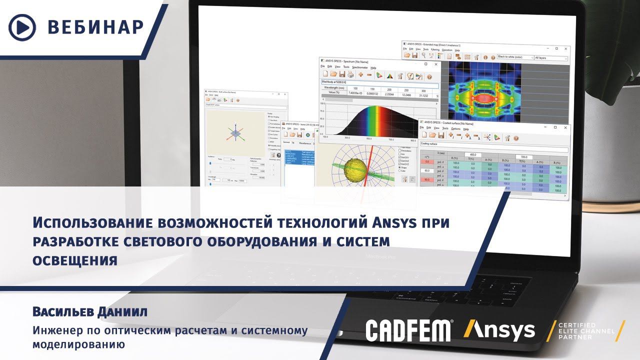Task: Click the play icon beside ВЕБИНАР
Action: coord(22,27)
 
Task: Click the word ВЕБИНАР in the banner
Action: coord(96,27)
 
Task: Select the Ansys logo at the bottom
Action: coord(499,330)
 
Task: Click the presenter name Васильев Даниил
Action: coord(90,312)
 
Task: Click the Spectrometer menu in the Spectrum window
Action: coord(359,67)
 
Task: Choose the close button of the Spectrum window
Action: coord(436,64)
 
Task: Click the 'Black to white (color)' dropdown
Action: coord(514,57)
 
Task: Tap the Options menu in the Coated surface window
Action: coord(455,128)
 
